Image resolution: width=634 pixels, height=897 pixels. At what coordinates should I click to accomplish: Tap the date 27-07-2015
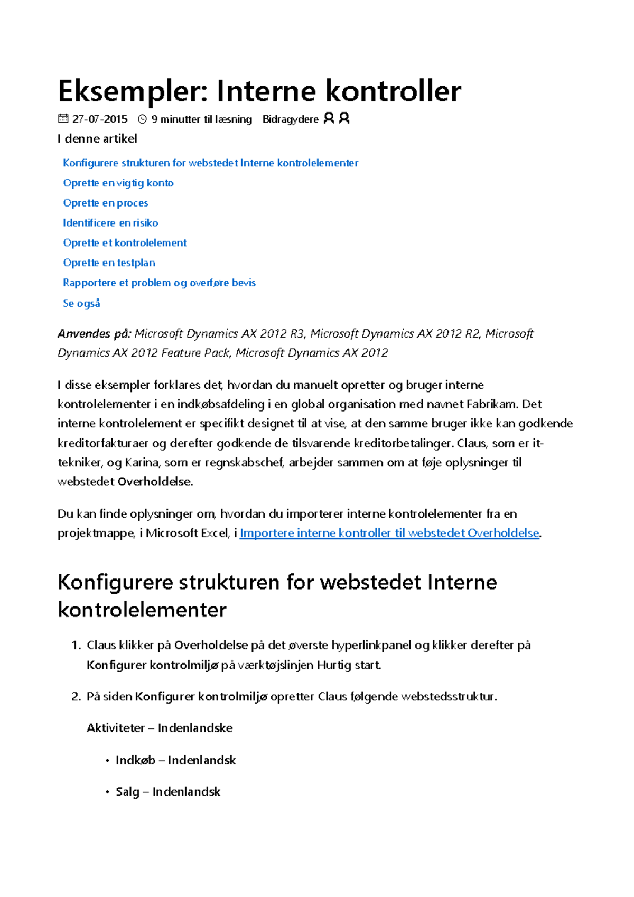tap(100, 119)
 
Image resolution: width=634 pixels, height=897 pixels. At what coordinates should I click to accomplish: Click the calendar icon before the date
tap(63, 119)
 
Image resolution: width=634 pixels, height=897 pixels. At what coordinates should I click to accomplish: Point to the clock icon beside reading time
tap(142, 119)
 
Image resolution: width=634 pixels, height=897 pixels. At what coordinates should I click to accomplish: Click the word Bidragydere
tap(290, 119)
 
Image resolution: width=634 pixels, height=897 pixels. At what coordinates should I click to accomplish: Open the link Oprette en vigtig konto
tap(118, 183)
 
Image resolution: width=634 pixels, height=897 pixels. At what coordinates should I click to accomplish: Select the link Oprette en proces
tap(106, 203)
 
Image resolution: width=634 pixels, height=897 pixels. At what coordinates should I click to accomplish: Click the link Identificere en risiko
tap(110, 223)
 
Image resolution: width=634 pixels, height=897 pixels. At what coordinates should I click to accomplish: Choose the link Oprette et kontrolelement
tap(125, 243)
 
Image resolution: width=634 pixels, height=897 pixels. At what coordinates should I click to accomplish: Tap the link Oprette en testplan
tap(109, 263)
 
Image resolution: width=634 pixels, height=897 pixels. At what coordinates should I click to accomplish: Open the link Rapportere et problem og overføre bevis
tap(159, 283)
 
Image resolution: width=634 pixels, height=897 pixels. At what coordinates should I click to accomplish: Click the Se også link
tap(81, 303)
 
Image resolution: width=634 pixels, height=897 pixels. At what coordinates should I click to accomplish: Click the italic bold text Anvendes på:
tap(94, 334)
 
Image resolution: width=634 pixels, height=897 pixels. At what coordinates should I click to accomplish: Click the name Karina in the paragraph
tap(142, 463)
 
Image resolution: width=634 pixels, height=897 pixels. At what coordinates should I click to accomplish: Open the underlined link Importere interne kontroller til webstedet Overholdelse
tap(389, 534)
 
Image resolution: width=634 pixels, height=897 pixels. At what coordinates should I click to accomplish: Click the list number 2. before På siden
tap(76, 697)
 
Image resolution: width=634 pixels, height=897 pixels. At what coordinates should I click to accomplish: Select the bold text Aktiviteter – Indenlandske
tap(160, 728)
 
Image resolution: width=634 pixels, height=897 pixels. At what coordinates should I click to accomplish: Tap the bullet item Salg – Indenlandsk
tap(168, 792)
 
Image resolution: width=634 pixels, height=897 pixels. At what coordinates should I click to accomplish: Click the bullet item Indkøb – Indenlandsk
tap(175, 760)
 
